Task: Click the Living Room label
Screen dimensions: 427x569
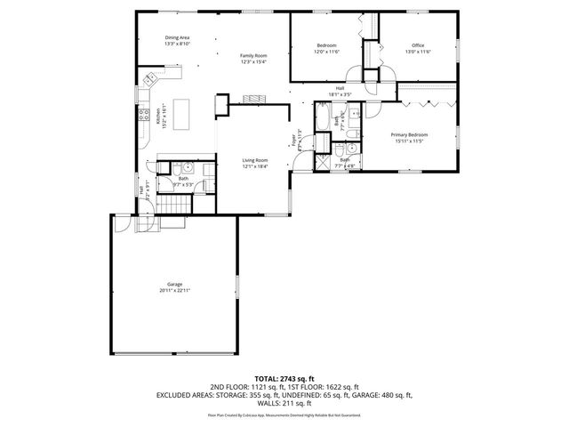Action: (x=255, y=163)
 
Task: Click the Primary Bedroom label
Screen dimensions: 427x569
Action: (x=411, y=135)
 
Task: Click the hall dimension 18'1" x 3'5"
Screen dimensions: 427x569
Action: (x=340, y=93)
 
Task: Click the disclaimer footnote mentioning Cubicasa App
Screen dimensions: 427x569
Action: (x=284, y=415)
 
